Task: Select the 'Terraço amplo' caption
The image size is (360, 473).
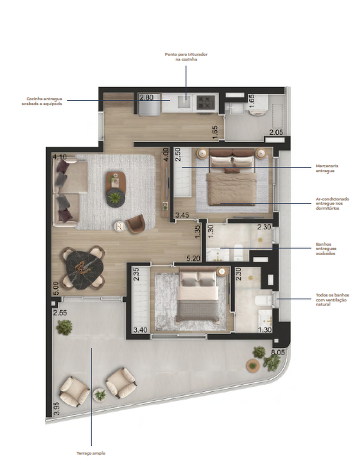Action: [91, 453]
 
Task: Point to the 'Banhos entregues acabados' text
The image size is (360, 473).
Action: [326, 249]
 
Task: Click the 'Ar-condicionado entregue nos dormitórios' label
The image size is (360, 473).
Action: [332, 203]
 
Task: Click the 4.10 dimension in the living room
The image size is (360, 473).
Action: [60, 157]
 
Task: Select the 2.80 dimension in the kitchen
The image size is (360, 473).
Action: [146, 97]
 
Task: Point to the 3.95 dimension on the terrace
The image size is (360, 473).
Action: [57, 409]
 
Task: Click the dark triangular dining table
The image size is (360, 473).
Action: [83, 268]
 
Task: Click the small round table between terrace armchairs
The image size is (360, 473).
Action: [100, 395]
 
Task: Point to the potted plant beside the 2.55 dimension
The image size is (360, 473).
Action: [64, 327]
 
